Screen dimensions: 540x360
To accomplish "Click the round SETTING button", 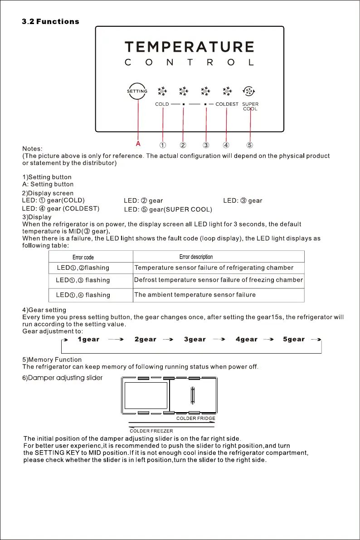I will [x=137, y=91].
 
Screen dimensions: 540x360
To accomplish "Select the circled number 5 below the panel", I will [x=250, y=145].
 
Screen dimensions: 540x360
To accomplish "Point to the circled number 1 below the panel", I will [x=162, y=145].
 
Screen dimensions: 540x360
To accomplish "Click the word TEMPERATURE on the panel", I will [x=189, y=47].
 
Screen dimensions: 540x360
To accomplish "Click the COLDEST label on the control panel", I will [x=227, y=104].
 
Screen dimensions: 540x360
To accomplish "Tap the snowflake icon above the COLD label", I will [x=162, y=91].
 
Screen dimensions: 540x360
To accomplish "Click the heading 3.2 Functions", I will [x=51, y=22].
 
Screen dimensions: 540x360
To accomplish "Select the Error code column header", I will [x=83, y=258].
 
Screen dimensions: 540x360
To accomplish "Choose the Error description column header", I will [x=196, y=257].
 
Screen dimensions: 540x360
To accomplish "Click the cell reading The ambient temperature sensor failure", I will [x=195, y=295].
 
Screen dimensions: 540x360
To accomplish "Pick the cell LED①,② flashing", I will [x=83, y=268].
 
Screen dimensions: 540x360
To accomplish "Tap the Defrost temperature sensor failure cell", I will [x=218, y=280].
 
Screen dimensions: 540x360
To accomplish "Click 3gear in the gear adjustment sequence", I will [x=195, y=339].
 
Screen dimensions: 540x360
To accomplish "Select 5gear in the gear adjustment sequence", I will [x=293, y=339].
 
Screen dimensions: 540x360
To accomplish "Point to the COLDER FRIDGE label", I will [x=195, y=418].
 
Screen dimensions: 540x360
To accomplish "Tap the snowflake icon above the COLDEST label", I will [x=227, y=91].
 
